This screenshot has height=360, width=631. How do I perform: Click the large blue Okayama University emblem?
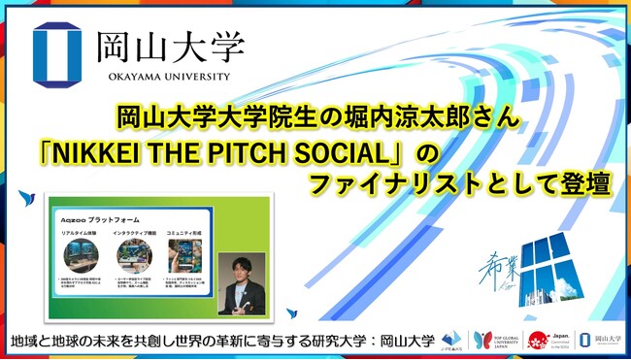[x=62, y=49]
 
